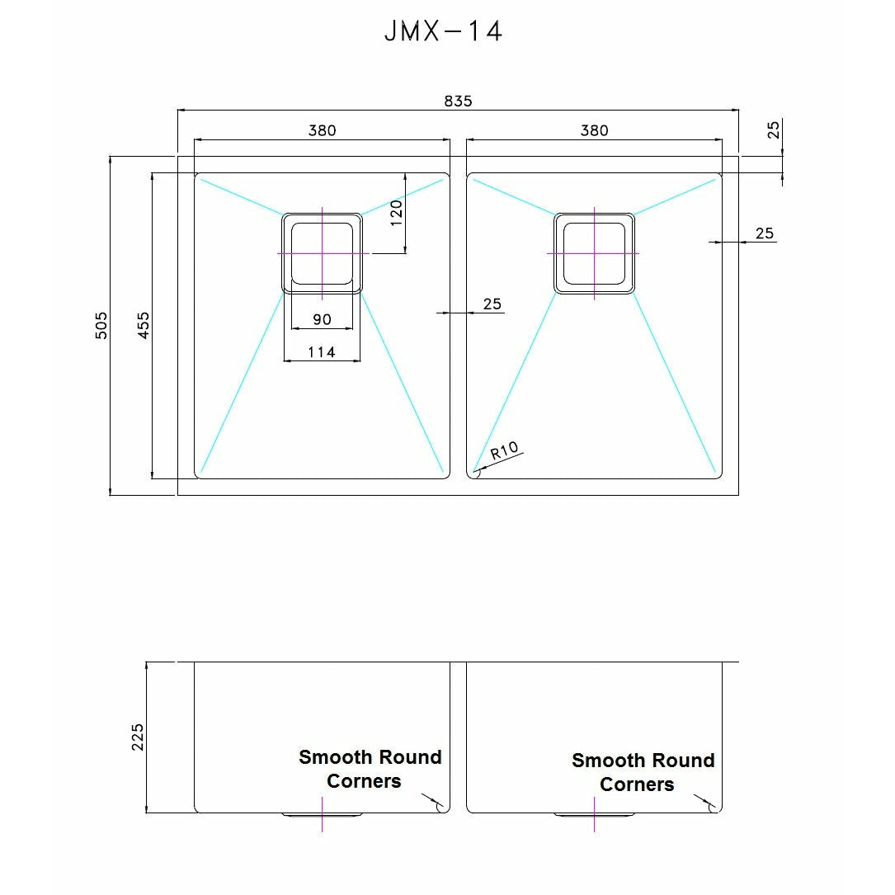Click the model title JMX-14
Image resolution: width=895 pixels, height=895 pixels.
pyautogui.click(x=443, y=31)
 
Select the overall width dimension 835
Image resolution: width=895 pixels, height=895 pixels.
pyautogui.click(x=458, y=101)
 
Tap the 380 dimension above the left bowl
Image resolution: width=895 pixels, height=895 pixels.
pyautogui.click(x=322, y=130)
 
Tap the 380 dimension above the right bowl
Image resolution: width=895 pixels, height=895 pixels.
pyautogui.click(x=594, y=130)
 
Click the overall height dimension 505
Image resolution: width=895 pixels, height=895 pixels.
pyautogui.click(x=101, y=325)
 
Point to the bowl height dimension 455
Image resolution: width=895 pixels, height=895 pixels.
pyautogui.click(x=144, y=325)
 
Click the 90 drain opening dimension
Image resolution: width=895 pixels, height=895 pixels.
pyautogui.click(x=322, y=320)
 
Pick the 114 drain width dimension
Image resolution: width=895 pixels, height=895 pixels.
pyautogui.click(x=322, y=352)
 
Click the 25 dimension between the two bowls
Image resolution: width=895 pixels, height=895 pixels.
pyautogui.click(x=492, y=304)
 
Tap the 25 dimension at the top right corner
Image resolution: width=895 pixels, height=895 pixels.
pyautogui.click(x=773, y=130)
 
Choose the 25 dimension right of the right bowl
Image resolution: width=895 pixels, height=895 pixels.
pyautogui.click(x=765, y=233)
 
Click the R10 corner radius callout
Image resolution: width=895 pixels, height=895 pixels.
pyautogui.click(x=503, y=452)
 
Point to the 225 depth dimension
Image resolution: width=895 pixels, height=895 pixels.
pyautogui.click(x=138, y=737)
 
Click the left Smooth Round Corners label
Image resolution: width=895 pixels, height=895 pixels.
pyautogui.click(x=370, y=769)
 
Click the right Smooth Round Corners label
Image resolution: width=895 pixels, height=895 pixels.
pyautogui.click(x=643, y=772)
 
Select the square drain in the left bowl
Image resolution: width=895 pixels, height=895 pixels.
pyautogui.click(x=322, y=253)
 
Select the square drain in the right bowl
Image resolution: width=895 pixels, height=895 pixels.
pyautogui.click(x=594, y=253)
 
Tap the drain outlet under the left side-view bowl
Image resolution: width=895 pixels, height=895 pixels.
pyautogui.click(x=322, y=815)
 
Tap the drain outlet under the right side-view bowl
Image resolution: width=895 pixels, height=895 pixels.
pyautogui.click(x=594, y=815)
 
